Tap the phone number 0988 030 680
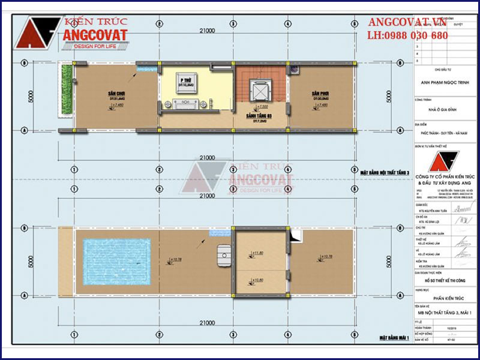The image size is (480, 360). [x=407, y=36]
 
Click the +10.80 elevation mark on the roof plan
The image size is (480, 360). [x=259, y=280]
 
